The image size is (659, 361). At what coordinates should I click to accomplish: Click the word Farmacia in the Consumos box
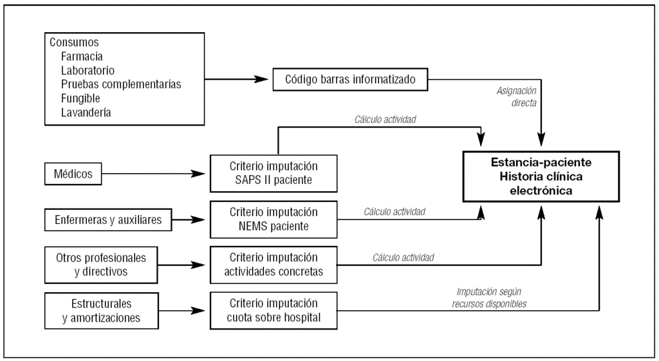[82, 56]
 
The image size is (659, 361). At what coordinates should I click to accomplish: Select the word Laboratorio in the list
[88, 70]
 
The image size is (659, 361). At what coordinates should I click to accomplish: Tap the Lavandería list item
[87, 112]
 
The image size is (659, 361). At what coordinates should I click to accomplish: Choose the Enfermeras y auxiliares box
[108, 221]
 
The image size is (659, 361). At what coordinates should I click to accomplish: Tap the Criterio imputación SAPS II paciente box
[274, 172]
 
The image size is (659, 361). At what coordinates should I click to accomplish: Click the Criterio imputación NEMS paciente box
[274, 219]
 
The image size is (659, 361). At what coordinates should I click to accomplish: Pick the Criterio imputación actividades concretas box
[274, 264]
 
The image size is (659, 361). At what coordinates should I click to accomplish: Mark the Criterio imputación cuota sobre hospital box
[274, 310]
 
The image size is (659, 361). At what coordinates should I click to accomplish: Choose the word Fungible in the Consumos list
[80, 98]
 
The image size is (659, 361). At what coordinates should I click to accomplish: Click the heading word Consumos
[75, 42]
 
